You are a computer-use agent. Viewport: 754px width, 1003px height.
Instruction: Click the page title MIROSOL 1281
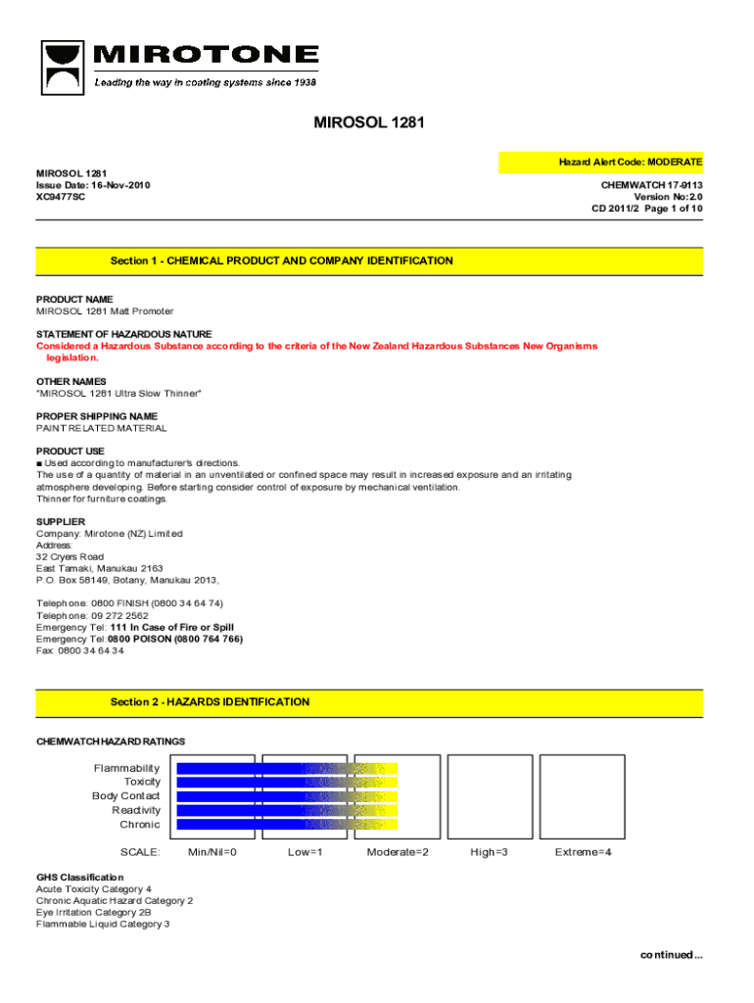368,123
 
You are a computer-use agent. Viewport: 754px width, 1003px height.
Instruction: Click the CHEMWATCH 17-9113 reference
651,184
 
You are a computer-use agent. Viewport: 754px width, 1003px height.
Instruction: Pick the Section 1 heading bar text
281,261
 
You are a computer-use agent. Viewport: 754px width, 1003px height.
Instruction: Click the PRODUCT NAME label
74,299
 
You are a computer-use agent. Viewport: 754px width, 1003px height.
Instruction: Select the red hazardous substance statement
316,347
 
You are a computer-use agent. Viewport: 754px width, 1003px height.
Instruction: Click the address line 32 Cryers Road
70,556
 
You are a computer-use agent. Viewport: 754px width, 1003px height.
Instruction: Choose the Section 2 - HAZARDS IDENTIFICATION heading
210,702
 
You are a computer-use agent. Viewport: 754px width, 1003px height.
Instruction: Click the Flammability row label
126,768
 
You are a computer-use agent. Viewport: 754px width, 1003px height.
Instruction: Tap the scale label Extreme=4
583,852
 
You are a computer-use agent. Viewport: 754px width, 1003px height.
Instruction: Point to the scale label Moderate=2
398,852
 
